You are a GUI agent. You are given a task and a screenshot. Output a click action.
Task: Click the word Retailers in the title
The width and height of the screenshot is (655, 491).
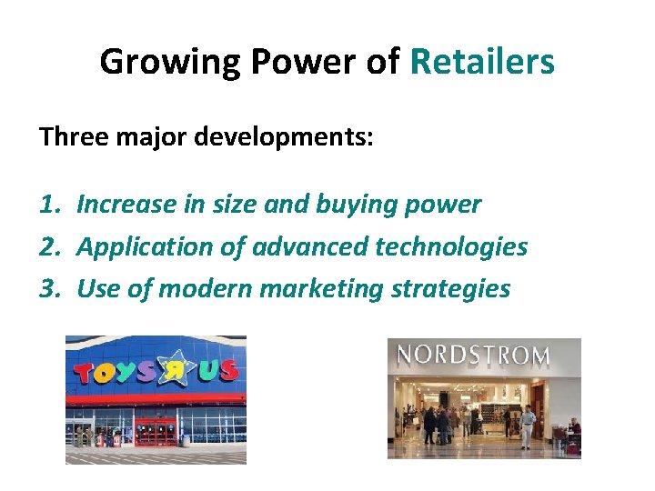(x=482, y=62)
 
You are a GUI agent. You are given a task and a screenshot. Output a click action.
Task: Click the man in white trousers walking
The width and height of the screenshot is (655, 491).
(x=528, y=427)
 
